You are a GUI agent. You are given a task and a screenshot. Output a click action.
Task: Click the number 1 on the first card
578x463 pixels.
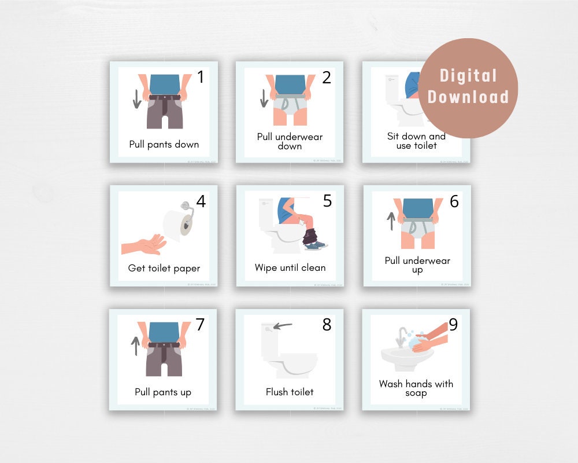pyautogui.click(x=200, y=77)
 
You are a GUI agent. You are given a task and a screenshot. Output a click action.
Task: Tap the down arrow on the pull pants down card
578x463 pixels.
pyautogui.click(x=137, y=99)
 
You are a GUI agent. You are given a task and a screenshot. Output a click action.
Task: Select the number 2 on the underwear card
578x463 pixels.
pyautogui.click(x=327, y=78)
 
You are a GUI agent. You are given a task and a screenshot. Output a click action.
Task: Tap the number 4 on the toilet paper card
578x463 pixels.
pyautogui.click(x=201, y=201)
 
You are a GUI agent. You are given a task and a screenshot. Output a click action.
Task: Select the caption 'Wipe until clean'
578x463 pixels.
pyautogui.click(x=290, y=267)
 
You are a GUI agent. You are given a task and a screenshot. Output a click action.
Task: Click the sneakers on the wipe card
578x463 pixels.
pyautogui.click(x=316, y=245)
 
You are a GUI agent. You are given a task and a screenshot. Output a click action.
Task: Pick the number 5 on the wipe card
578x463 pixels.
pyautogui.click(x=327, y=201)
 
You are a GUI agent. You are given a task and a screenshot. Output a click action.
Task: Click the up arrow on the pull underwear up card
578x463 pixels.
pyautogui.click(x=391, y=221)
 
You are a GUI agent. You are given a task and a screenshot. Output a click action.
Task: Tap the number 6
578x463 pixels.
pyautogui.click(x=454, y=201)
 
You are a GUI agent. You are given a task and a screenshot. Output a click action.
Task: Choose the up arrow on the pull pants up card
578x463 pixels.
pyautogui.click(x=135, y=346)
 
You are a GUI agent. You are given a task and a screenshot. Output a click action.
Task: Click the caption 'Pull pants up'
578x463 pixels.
pyautogui.click(x=163, y=392)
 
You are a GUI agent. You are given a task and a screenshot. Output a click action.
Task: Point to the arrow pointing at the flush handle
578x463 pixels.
pyautogui.click(x=283, y=326)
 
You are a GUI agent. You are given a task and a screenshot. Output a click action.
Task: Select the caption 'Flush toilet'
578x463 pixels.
pyautogui.click(x=290, y=392)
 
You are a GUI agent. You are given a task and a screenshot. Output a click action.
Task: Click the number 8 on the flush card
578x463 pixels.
pyautogui.click(x=327, y=325)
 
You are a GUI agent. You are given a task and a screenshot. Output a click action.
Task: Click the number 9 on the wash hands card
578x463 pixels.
pyautogui.click(x=453, y=325)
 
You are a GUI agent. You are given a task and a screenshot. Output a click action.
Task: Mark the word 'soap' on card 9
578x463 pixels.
pyautogui.click(x=416, y=393)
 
